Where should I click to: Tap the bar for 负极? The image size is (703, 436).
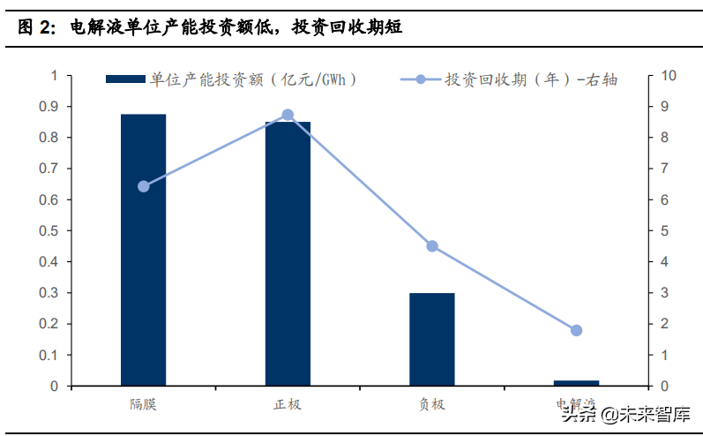pos(431,339)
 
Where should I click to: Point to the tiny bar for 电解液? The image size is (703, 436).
pos(576,382)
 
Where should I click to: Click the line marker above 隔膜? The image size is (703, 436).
pos(144,186)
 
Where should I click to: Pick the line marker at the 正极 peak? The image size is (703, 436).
pos(288,115)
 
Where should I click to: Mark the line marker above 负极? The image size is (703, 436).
pos(432,246)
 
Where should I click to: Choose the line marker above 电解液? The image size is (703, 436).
pos(576,330)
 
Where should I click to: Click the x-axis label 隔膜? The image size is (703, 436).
pos(144,405)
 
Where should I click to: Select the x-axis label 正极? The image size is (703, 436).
pos(288,405)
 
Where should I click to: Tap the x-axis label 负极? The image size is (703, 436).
pos(432,405)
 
